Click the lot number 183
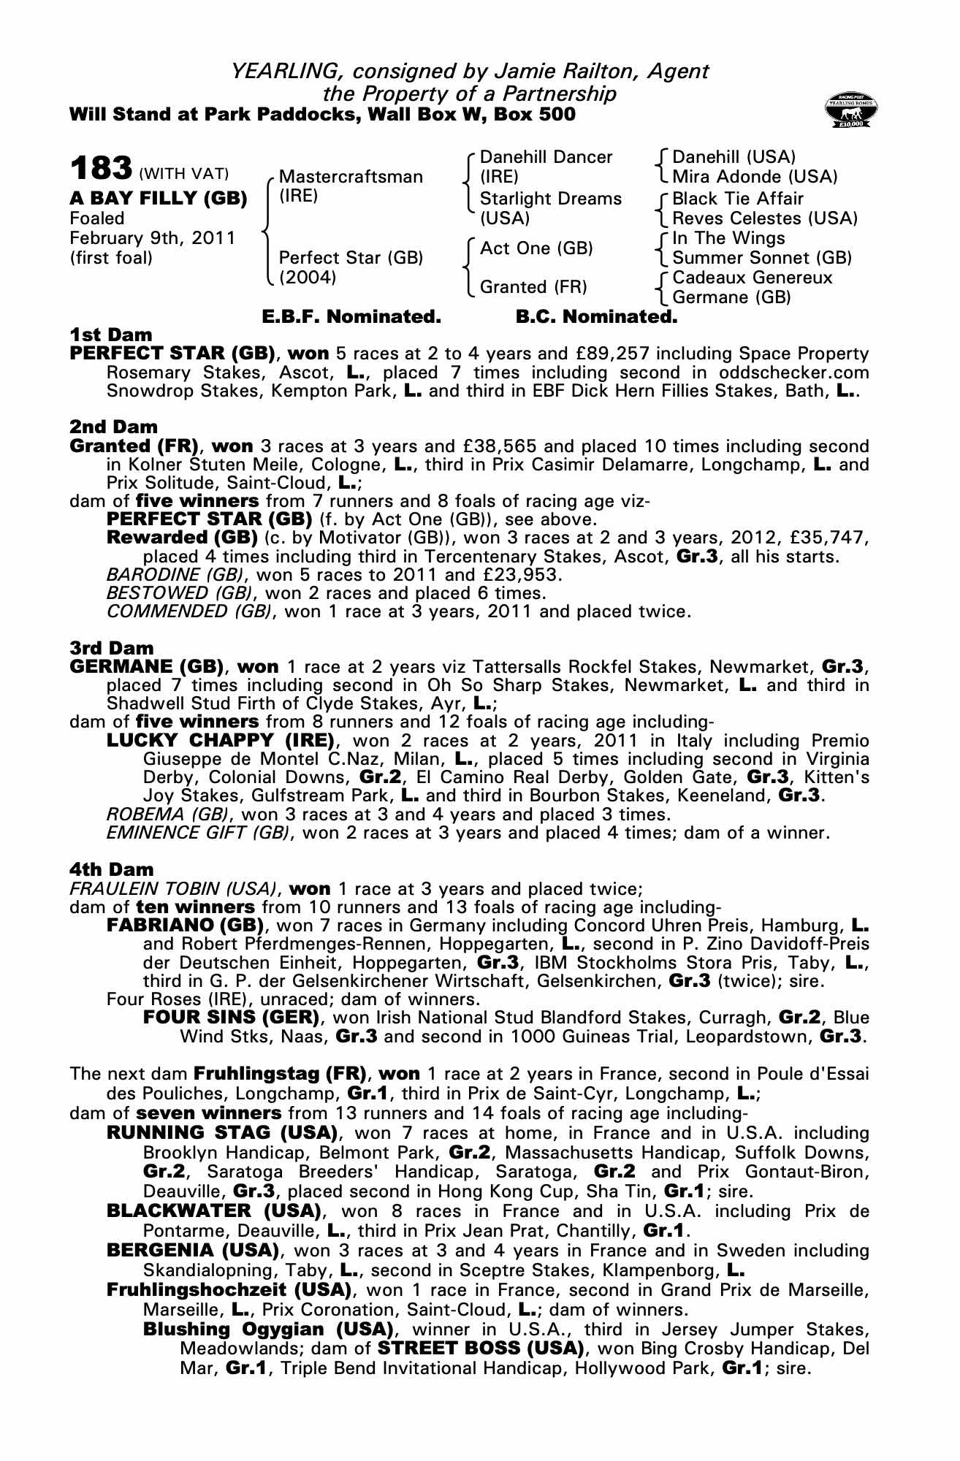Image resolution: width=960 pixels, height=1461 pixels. [x=101, y=169]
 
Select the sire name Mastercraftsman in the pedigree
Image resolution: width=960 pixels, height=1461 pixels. [x=351, y=177]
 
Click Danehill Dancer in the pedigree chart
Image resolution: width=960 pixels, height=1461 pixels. [x=546, y=157]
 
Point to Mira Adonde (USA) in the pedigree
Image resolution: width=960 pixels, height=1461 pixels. [x=755, y=177]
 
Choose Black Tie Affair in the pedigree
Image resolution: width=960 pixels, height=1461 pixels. [x=737, y=199]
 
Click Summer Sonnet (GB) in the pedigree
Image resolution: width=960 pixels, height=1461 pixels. [x=762, y=258]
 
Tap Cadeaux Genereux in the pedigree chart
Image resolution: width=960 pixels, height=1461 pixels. [x=752, y=278]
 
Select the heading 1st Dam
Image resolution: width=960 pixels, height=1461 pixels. [x=111, y=335]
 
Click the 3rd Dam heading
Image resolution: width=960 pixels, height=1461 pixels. [x=112, y=648]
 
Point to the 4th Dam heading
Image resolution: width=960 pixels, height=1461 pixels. [x=112, y=869]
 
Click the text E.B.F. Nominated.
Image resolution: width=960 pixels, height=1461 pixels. [x=351, y=317]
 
